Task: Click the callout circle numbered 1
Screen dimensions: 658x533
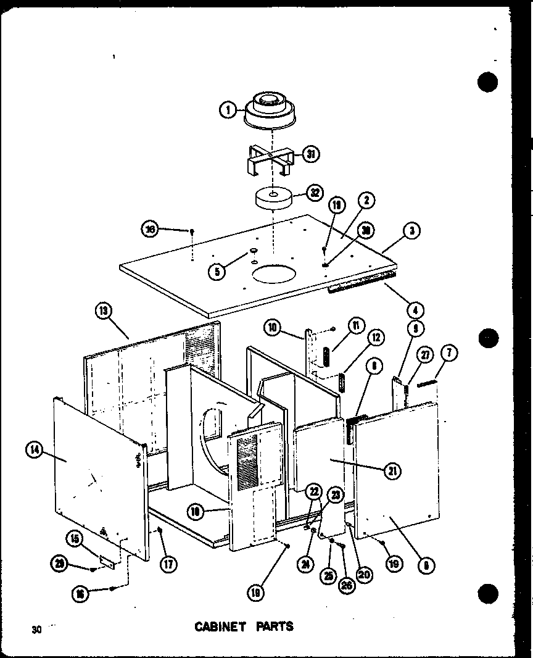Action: pyautogui.click(x=228, y=110)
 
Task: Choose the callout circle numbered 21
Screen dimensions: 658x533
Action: pyautogui.click(x=392, y=472)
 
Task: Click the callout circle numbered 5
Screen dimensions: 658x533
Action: pyautogui.click(x=217, y=271)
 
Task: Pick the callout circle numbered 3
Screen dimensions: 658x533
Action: pyautogui.click(x=411, y=231)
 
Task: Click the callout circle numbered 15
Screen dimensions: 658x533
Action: pyautogui.click(x=75, y=539)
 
